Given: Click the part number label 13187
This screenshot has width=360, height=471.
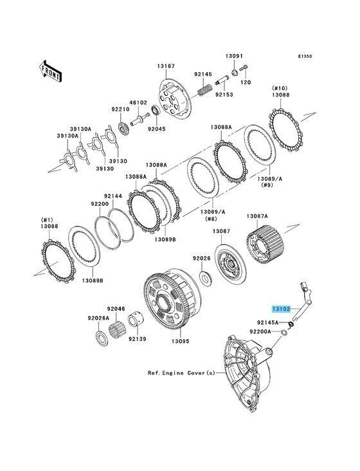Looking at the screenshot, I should coord(165,66).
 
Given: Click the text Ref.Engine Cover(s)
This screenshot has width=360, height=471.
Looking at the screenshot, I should coord(181,372).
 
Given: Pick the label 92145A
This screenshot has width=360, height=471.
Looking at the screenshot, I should coord(267,322).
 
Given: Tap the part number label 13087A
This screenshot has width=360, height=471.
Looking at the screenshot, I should coord(257,217).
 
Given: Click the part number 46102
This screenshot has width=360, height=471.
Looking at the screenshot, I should coord(138,102).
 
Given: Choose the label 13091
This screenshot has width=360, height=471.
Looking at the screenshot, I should coord(234,56).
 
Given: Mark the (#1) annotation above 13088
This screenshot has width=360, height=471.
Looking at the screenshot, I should coord(48,219).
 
